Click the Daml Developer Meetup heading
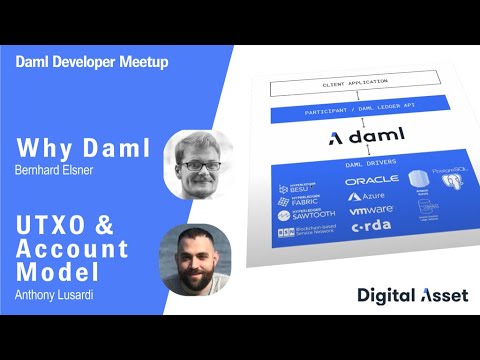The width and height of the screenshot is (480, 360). pyautogui.click(x=92, y=62)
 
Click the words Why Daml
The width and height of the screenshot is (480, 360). pyautogui.click(x=83, y=150)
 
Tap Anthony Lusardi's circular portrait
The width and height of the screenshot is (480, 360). pyautogui.click(x=196, y=259)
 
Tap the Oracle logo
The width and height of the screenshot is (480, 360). pyautogui.click(x=372, y=180)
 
